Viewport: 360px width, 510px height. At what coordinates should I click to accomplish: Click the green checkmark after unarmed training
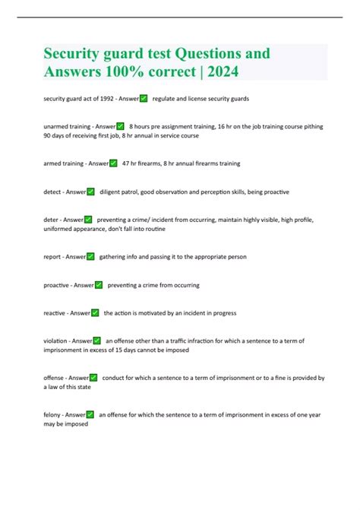click(x=120, y=126)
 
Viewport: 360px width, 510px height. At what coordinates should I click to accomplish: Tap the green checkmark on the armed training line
click(x=113, y=163)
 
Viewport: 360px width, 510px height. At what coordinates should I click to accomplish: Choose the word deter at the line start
click(x=52, y=220)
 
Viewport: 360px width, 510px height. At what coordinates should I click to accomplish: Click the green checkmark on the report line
click(x=90, y=257)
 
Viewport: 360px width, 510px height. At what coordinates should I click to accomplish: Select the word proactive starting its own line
click(x=58, y=285)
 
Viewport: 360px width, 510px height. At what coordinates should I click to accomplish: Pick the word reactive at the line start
click(x=56, y=312)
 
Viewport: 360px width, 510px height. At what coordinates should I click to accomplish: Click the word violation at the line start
click(x=57, y=341)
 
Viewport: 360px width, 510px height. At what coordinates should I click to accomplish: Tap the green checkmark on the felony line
click(x=90, y=414)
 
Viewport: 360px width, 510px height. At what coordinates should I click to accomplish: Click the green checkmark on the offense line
click(x=93, y=377)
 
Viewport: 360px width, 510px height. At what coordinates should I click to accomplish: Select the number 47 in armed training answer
click(x=126, y=163)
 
